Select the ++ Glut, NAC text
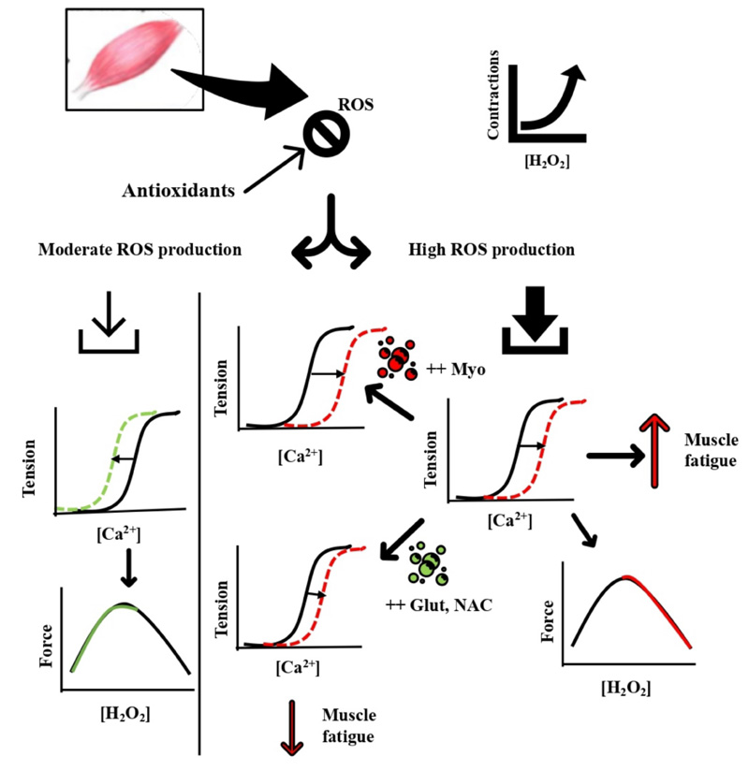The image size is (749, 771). [436, 604]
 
